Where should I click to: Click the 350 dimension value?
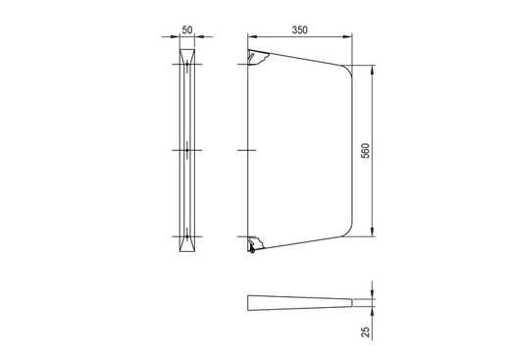300,30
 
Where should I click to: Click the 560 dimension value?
366,151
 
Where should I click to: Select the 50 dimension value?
187,30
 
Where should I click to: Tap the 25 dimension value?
366,332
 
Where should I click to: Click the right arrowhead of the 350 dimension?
347,36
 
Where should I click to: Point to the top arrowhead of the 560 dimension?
372,70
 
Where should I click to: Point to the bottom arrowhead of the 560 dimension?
372,231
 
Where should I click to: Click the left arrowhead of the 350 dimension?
253,36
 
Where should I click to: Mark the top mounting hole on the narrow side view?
187,64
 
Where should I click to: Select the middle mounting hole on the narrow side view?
187,150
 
